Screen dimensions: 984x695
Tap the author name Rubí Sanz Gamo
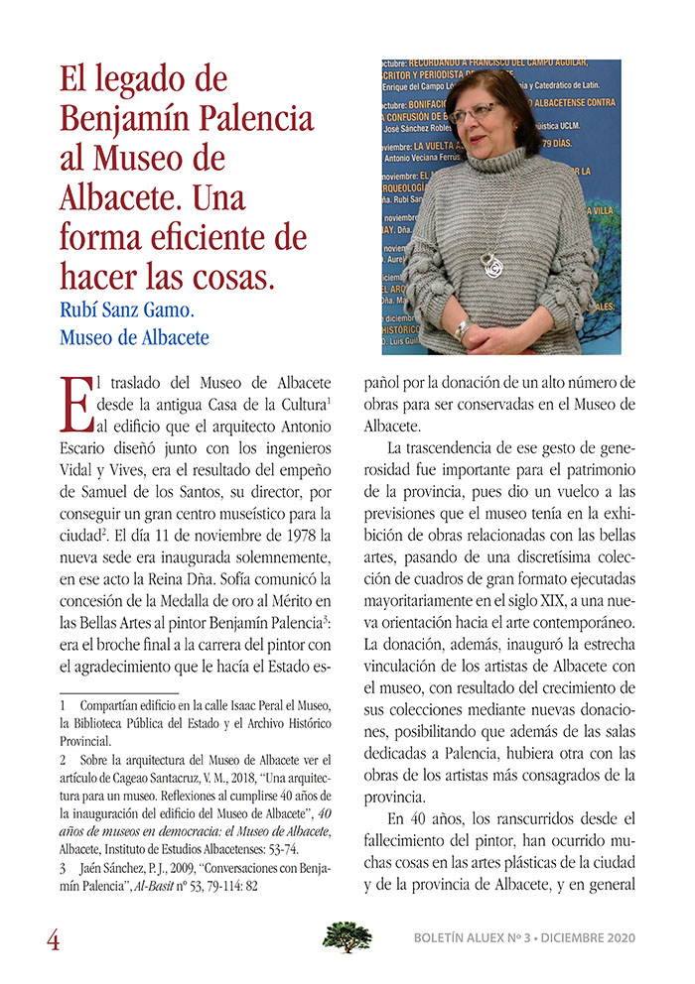(135, 308)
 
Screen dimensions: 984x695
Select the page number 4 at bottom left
(53, 938)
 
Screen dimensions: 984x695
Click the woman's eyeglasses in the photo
(473, 111)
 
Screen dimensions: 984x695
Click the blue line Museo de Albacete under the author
(135, 337)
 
